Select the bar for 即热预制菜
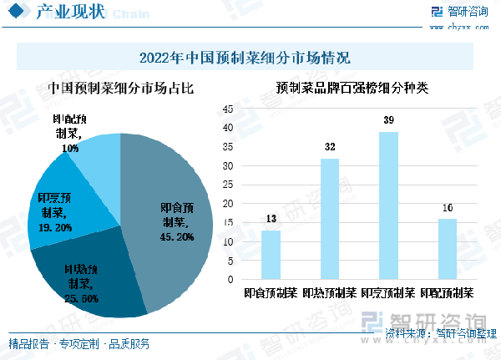pos(330,219)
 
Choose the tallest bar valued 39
pos(388,205)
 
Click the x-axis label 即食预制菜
pos(271,294)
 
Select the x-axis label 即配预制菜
pos(448,294)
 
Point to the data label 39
pos(388,121)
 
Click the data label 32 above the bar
pos(330,148)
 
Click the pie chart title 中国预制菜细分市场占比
pos(120,87)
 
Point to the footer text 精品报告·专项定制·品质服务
pos(79,343)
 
